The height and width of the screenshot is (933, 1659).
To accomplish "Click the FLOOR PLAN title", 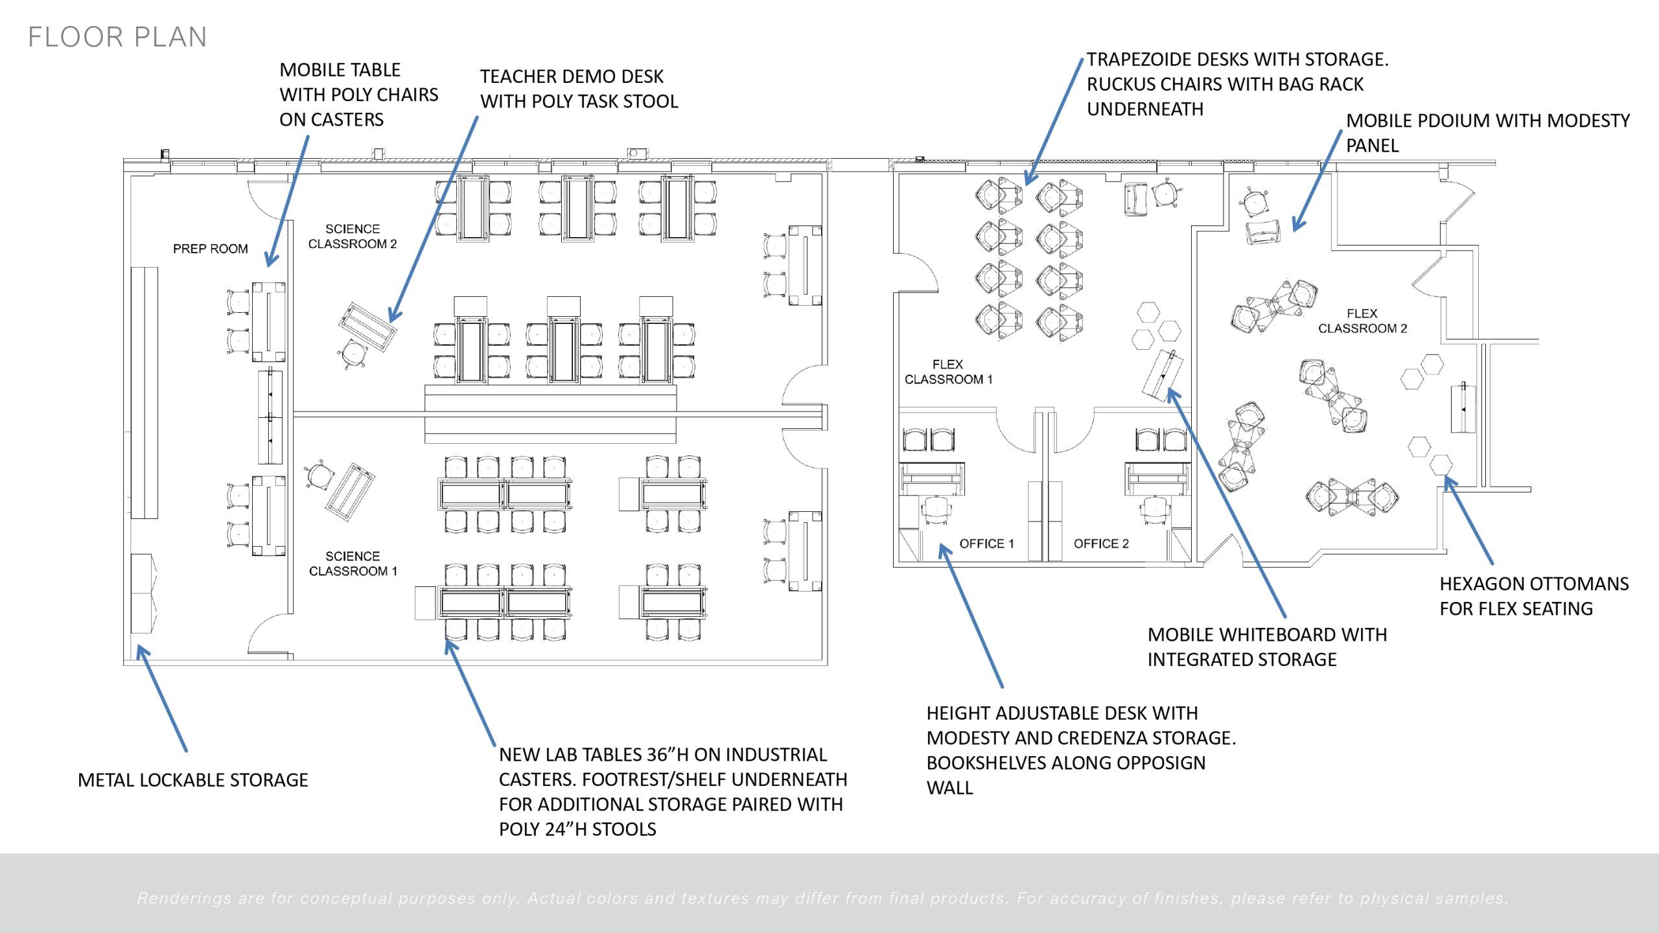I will (117, 37).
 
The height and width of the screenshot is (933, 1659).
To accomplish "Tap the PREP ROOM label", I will (210, 249).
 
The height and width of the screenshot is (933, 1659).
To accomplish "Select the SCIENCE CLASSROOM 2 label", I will (352, 236).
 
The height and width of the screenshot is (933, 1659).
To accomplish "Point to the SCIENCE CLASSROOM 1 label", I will (353, 564).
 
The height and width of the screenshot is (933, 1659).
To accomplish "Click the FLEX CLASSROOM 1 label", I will (948, 372).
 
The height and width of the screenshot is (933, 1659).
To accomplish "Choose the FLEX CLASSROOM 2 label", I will (1362, 321).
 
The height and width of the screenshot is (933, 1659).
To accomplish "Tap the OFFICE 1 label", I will (986, 544).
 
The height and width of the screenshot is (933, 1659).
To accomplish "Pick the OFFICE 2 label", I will (1101, 544).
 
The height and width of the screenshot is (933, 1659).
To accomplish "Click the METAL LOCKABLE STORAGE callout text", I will (192, 780).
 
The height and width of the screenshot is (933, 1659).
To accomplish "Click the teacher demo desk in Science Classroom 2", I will (367, 326).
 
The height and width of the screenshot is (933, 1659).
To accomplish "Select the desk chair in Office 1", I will (935, 509).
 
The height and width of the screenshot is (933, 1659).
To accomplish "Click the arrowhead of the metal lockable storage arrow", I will (141, 650).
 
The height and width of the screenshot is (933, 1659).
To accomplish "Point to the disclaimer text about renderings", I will (823, 898).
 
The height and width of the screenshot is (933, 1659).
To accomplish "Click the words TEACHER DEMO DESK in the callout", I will (572, 77).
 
